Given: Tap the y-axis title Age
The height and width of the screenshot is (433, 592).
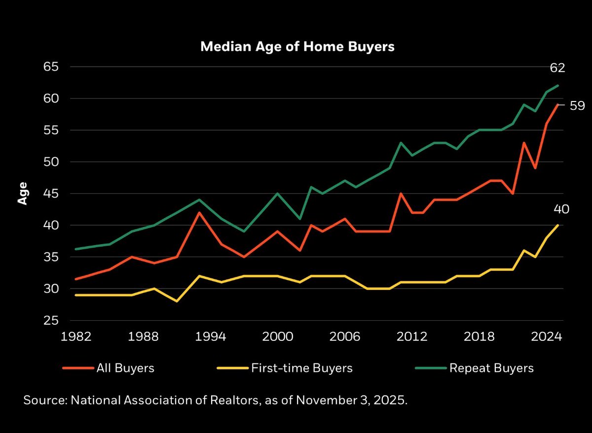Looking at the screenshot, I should coord(22,194).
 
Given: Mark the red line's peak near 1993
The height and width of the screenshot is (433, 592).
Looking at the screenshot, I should coord(199,212).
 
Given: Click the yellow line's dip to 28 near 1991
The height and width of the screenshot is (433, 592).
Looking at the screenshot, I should coord(177,301).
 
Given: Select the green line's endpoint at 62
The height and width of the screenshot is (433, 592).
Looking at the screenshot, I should coord(558,86).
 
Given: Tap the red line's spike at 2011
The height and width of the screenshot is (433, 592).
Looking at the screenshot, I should coord(401,194).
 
